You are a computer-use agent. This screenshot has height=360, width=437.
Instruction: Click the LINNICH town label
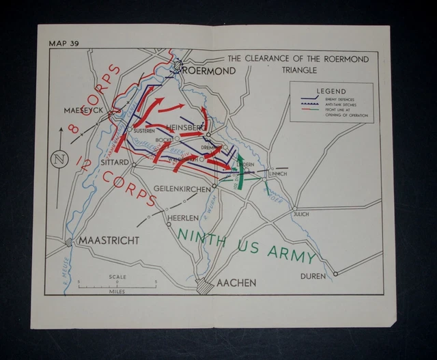[277, 174]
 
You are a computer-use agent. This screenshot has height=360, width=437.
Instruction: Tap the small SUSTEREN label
[144, 130]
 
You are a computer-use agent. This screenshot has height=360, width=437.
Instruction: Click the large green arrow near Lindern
[241, 171]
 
